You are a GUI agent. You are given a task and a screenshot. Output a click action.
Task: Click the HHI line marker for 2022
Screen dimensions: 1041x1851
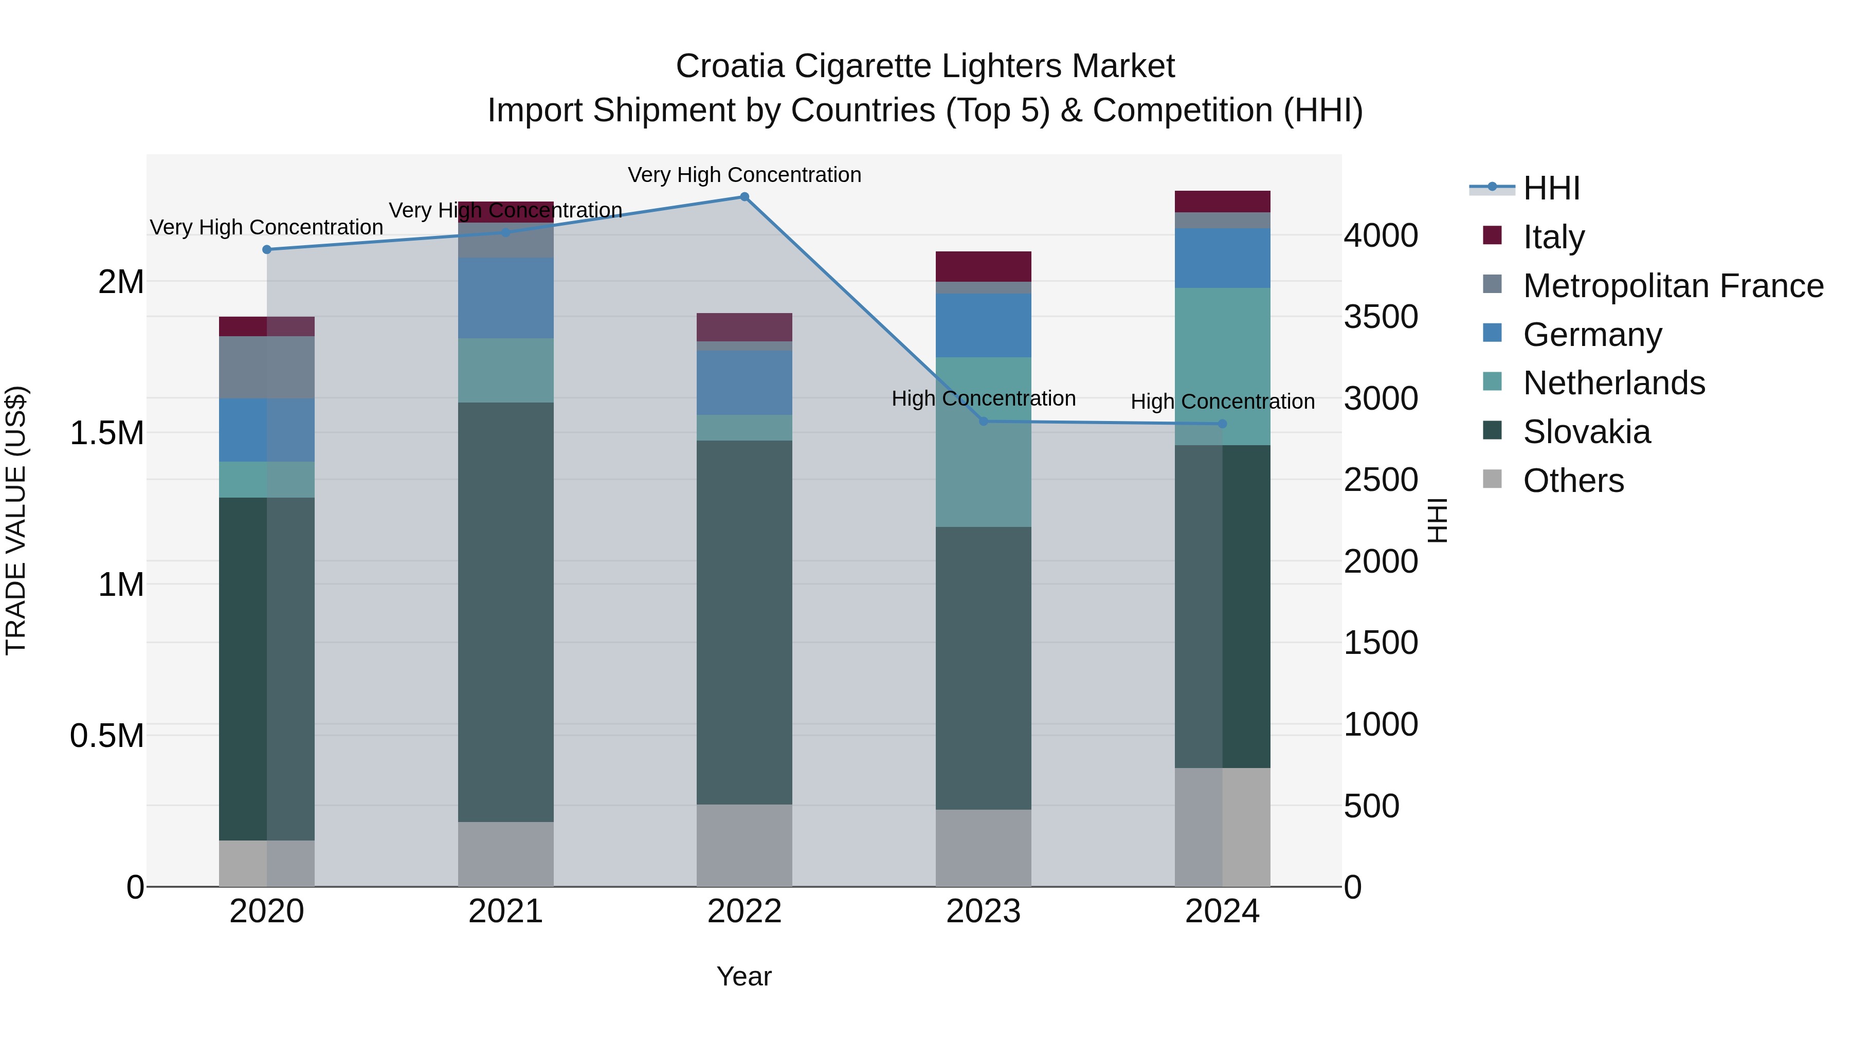coord(745,197)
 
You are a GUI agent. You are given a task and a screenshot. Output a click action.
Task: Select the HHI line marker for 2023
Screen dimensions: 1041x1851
coord(984,421)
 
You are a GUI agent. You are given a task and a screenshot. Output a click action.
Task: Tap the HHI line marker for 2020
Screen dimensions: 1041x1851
coord(266,249)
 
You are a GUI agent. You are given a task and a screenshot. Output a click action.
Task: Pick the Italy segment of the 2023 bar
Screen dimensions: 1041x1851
coord(983,266)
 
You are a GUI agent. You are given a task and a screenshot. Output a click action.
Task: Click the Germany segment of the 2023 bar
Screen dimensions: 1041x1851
coord(983,325)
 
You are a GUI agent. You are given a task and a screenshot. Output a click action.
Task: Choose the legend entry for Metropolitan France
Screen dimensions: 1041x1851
coord(1673,286)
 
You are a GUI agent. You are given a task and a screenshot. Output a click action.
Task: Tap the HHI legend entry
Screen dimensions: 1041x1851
coord(1551,188)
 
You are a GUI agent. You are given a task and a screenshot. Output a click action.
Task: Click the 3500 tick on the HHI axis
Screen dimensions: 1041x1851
coord(1381,317)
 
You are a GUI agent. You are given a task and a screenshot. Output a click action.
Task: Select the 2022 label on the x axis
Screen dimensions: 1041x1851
coord(745,911)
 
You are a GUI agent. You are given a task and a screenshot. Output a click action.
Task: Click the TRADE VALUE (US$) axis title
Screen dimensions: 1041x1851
coord(16,520)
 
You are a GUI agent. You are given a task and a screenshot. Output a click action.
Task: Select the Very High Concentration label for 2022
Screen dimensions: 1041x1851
coord(745,175)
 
